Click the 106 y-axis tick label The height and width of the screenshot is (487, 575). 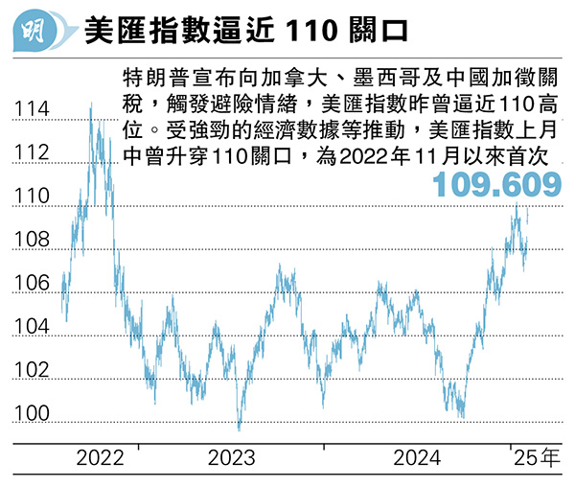pyautogui.click(x=31, y=284)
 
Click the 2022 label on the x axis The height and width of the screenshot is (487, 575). pyautogui.click(x=101, y=458)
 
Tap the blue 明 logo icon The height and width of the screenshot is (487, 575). pyautogui.click(x=37, y=32)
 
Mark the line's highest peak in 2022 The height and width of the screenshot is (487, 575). pyautogui.click(x=91, y=104)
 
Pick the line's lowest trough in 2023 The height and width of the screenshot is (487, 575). pyautogui.click(x=239, y=429)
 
